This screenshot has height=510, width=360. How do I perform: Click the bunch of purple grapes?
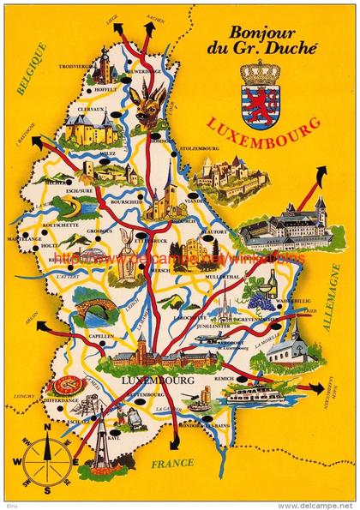(256, 296)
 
